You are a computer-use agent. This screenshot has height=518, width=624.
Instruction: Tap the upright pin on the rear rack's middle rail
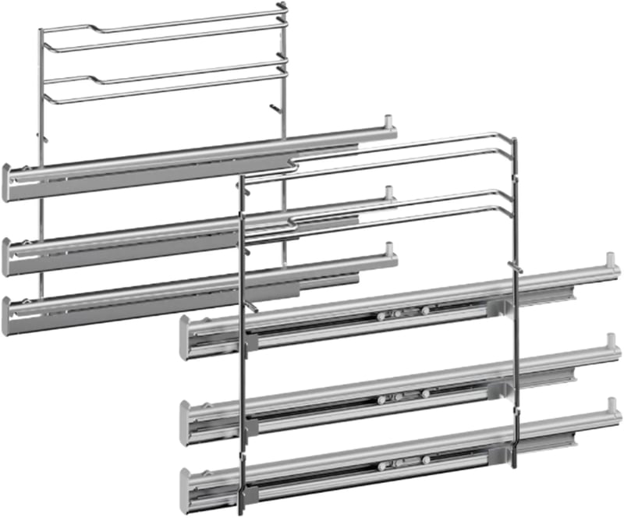point(388,194)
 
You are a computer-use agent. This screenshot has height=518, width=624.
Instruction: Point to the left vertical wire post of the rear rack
point(41,94)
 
